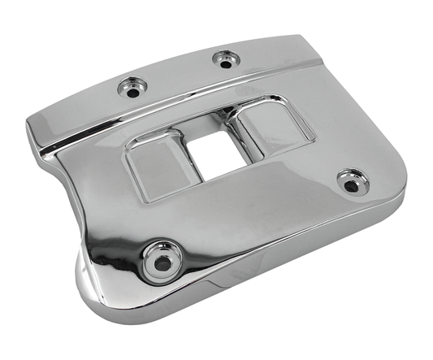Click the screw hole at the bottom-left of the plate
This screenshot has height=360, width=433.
162,261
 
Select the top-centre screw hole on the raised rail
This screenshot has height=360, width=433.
223,59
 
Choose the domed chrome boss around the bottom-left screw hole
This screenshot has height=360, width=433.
162,248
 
